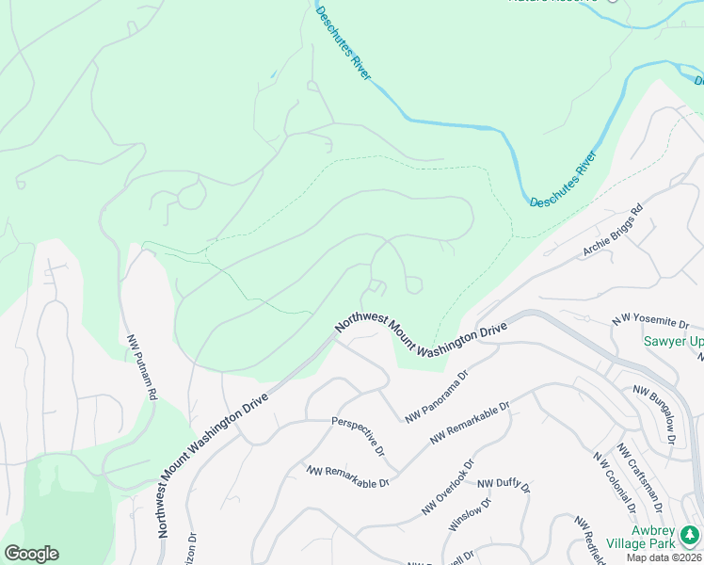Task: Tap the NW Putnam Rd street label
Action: point(140,367)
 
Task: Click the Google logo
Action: point(31,554)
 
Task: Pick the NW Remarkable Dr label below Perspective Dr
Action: point(346,476)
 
